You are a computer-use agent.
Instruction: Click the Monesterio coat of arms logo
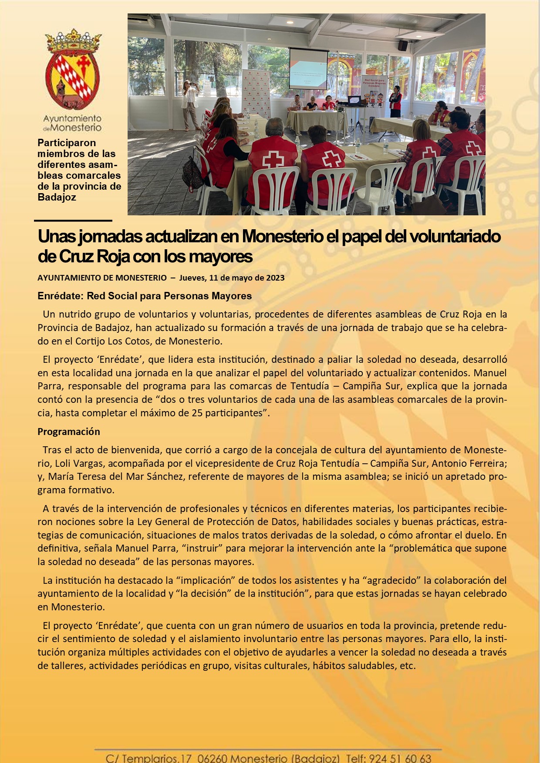point(72,70)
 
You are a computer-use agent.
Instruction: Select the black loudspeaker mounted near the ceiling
point(403,45)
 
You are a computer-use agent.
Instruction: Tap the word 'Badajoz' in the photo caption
point(57,197)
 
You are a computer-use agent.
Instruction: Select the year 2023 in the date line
point(275,278)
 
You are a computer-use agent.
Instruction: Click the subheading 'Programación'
point(69,432)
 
